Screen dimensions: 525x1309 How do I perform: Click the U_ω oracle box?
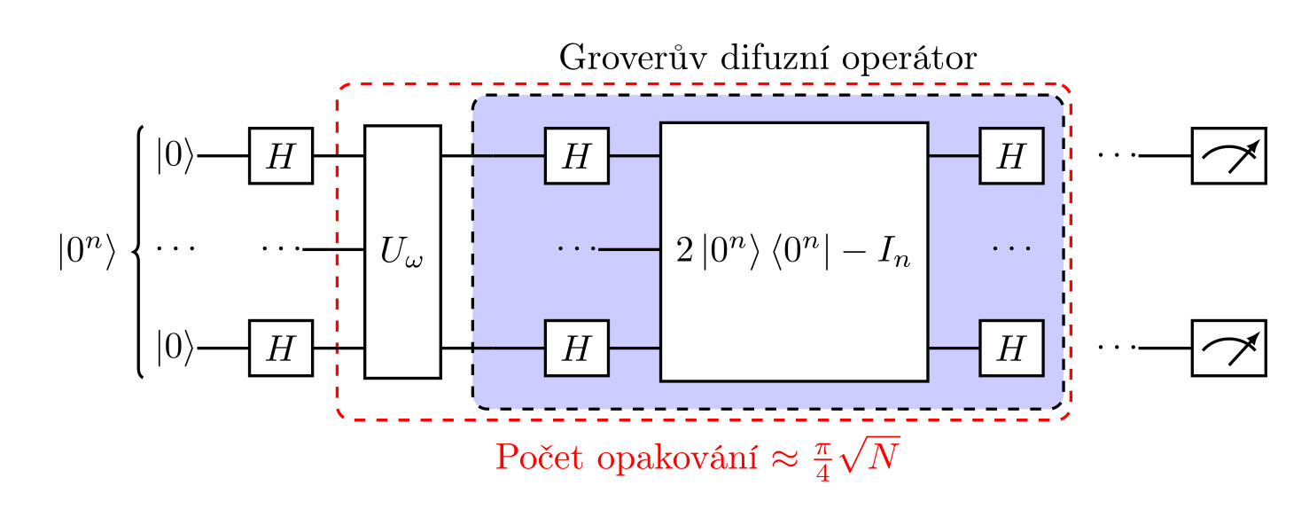402,252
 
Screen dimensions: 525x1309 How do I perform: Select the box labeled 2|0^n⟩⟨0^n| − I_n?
793,252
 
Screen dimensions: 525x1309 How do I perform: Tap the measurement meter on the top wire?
1228,155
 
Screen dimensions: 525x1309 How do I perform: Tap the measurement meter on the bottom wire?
1228,349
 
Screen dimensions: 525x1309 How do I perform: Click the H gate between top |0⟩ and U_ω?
280,155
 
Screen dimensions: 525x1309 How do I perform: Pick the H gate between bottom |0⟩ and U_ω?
280,349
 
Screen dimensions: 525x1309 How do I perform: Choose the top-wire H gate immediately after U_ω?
576,155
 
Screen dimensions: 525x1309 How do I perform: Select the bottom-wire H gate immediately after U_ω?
576,349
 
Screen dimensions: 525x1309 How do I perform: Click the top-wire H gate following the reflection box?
1010,155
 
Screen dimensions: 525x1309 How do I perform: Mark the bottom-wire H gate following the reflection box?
1010,349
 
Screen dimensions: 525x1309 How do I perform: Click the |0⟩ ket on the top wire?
174,155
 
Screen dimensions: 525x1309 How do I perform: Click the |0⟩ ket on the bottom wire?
174,349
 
